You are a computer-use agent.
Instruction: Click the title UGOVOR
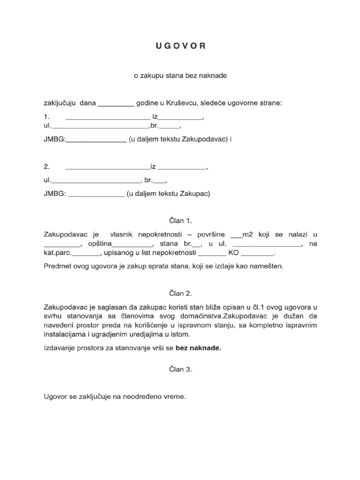tap(180, 46)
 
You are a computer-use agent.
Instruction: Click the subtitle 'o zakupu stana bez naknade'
tap(180, 75)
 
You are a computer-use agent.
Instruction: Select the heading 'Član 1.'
tap(180, 220)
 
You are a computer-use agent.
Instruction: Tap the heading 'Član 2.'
tap(180, 294)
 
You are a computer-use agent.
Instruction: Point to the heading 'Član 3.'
tap(180, 369)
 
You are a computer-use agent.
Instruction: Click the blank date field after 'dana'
tap(115, 103)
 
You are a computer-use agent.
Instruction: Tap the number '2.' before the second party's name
tap(46, 166)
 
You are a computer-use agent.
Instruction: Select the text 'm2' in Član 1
tap(247, 234)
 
